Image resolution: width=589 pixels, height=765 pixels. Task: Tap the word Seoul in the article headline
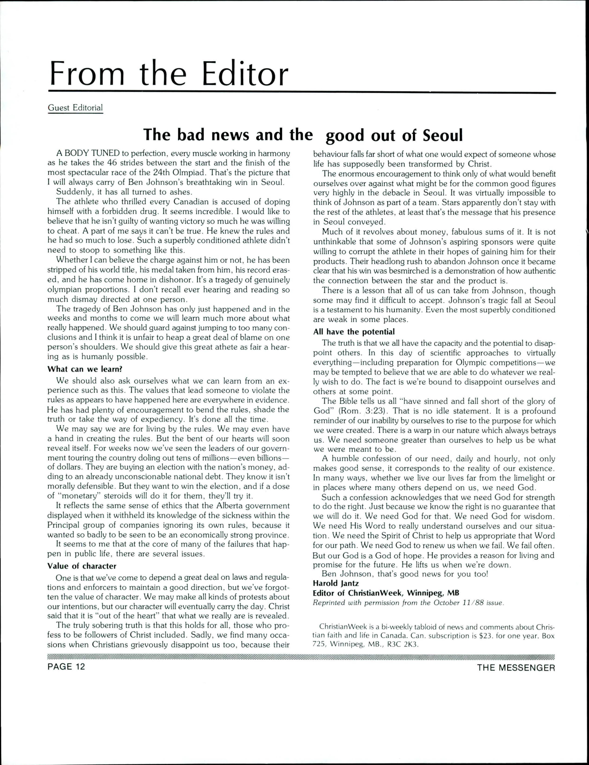(443, 136)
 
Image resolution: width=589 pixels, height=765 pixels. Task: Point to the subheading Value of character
(82, 566)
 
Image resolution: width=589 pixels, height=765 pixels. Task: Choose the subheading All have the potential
(354, 332)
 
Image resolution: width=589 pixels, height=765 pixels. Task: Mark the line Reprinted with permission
(408, 603)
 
